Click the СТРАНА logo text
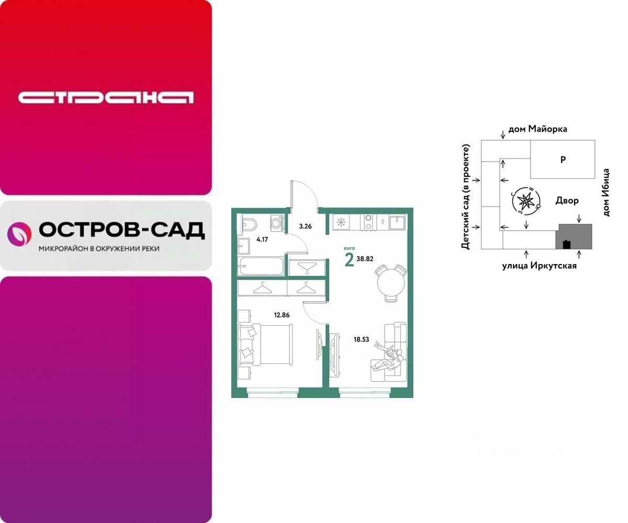(106, 97)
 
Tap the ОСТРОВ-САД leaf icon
(19, 234)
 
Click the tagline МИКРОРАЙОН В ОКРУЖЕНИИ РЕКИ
(99, 249)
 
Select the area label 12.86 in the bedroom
(282, 315)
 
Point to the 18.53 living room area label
(361, 339)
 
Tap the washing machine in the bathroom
(277, 222)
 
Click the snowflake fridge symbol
(341, 222)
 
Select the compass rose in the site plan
(526, 200)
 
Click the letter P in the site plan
(563, 160)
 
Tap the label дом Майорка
(537, 129)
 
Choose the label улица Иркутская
(540, 266)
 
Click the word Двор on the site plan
(567, 200)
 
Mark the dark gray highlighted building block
(575, 237)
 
